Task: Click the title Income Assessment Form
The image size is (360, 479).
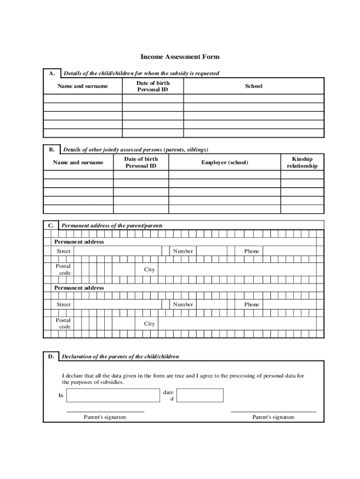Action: click(180, 57)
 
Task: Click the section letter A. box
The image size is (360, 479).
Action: click(51, 73)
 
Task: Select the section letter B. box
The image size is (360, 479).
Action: click(51, 150)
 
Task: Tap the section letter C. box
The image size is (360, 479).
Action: click(51, 225)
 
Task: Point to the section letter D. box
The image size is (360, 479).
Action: click(50, 357)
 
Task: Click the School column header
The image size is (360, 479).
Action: click(253, 86)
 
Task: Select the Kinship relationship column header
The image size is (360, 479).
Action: click(302, 162)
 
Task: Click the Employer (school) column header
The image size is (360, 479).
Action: click(224, 162)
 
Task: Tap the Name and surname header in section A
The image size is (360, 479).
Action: click(82, 86)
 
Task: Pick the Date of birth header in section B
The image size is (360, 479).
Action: click(141, 162)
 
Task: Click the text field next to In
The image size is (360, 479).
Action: click(113, 395)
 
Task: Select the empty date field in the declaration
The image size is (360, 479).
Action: click(200, 395)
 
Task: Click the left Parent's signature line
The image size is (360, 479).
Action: click(105, 411)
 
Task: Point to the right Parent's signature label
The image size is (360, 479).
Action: click(274, 417)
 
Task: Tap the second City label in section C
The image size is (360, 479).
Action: click(149, 324)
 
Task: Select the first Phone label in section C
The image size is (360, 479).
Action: click(252, 251)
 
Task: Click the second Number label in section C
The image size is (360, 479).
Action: click(183, 305)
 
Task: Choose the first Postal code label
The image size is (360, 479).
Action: click(64, 269)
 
